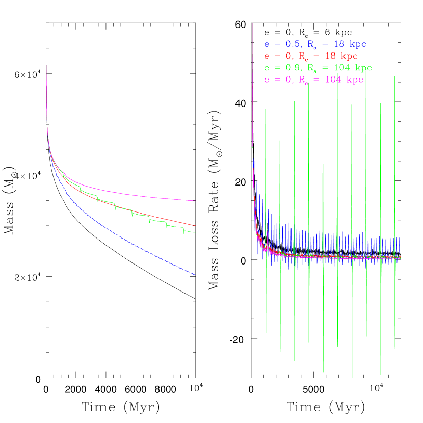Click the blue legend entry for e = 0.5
point(315,44)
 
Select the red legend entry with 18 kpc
point(311,56)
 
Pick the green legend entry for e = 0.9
point(318,68)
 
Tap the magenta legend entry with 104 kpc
point(313,80)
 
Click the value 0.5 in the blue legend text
point(293,44)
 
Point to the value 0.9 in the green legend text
point(293,68)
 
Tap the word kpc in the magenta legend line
point(354,80)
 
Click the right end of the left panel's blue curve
point(195,275)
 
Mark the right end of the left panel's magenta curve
point(195,201)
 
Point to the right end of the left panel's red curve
point(195,225)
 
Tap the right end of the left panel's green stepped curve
point(195,233)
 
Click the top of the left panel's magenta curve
point(46,59)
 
